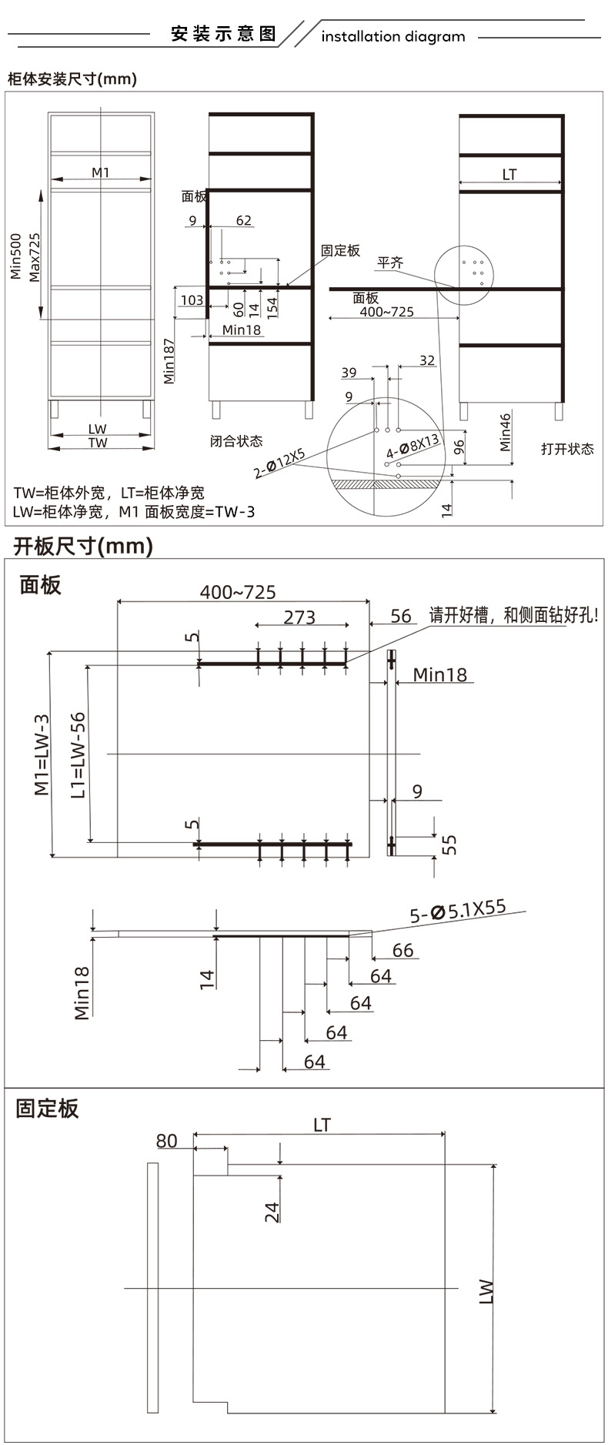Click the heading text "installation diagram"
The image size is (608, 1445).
(393, 36)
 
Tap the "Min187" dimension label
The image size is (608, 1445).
(169, 360)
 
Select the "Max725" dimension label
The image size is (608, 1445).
(35, 257)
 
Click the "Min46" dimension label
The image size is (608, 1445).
(505, 432)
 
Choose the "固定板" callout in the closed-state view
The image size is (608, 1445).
(340, 251)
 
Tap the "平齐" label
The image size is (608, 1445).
(389, 263)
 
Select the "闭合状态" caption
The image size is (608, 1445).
(236, 441)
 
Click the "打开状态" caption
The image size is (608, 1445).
(567, 449)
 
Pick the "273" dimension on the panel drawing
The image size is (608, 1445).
(299, 617)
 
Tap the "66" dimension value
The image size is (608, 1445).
(403, 950)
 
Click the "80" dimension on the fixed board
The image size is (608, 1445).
(167, 1141)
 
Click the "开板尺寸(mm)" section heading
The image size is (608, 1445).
(83, 546)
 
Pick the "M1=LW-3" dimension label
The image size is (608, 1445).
(42, 755)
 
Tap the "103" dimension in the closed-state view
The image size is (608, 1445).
(191, 299)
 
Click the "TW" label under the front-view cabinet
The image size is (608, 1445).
(98, 443)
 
